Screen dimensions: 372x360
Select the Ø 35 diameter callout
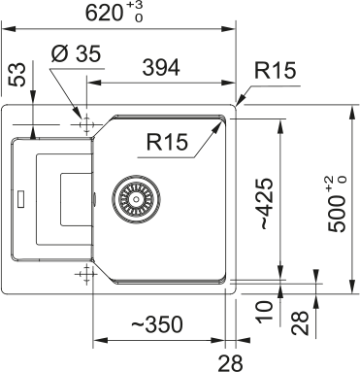[74, 55]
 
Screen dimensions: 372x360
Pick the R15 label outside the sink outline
[276, 71]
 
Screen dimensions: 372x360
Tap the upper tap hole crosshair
[86, 124]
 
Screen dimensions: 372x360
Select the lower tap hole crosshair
[86, 272]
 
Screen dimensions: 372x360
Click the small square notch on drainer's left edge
[18, 201]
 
